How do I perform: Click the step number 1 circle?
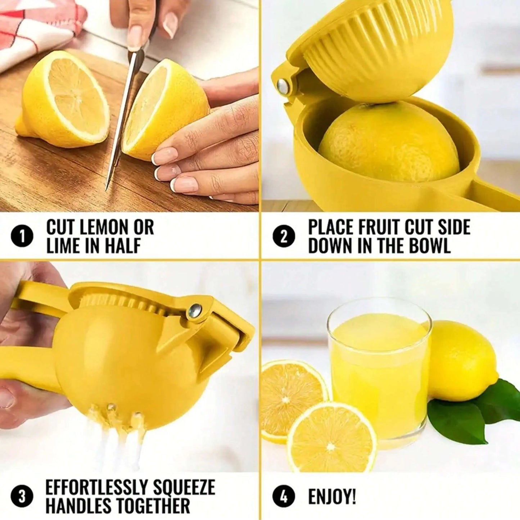pos(22,237)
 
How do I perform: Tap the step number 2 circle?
pos(284,237)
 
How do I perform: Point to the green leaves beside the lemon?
pos(468,410)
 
